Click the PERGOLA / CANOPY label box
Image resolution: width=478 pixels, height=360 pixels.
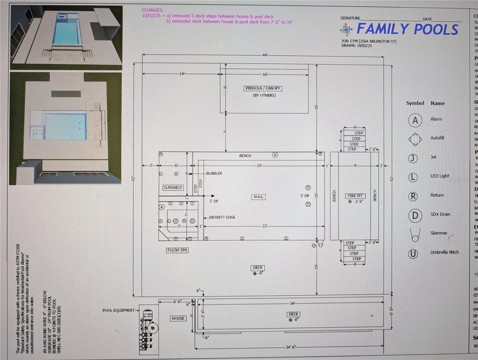(x=263, y=89)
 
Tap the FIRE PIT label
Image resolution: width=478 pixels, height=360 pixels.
(x=355, y=196)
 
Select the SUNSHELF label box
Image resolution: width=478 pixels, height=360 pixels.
(x=173, y=187)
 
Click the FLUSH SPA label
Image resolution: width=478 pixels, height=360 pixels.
(x=177, y=250)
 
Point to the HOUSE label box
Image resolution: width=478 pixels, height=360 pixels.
(x=178, y=319)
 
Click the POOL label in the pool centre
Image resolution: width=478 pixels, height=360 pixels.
(x=258, y=197)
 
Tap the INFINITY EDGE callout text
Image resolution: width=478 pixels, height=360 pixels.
(x=222, y=217)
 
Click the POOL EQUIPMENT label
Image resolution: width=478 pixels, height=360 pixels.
(x=118, y=310)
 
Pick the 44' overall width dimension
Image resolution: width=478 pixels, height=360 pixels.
(x=265, y=55)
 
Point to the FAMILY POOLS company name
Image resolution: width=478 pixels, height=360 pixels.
(x=407, y=29)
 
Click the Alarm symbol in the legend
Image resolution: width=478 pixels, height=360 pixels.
(x=415, y=120)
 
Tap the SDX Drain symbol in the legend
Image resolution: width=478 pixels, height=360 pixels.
(x=415, y=215)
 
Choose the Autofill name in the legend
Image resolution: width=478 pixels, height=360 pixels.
(x=437, y=138)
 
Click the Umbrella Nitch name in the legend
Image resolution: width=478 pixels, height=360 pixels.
(x=444, y=252)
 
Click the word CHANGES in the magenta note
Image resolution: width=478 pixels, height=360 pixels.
(x=152, y=10)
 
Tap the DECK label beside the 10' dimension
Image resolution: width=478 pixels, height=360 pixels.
(x=258, y=268)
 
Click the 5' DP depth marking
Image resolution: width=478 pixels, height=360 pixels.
(x=305, y=196)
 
